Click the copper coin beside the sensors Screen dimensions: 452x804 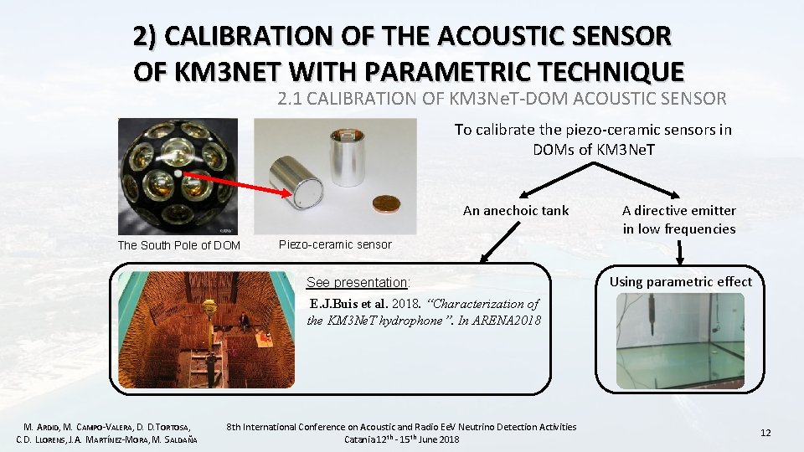click(386, 203)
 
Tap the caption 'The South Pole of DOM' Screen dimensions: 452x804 click(178, 245)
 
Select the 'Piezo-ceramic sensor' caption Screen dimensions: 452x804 click(335, 244)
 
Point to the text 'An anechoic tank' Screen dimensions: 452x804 click(515, 210)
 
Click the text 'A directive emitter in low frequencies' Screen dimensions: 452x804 click(678, 219)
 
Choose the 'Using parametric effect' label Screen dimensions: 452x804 click(680, 281)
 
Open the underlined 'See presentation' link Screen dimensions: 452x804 click(358, 282)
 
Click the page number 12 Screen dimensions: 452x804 click(765, 432)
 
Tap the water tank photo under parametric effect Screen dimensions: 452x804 click(679, 341)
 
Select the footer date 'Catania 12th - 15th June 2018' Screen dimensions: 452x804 click(402, 439)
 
